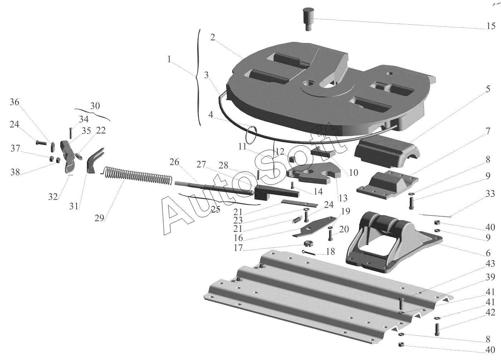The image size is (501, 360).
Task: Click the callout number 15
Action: point(491,26)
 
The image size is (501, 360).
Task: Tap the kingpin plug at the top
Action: point(308,18)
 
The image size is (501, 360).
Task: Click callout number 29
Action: point(99,218)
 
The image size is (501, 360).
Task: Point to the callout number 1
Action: point(169,59)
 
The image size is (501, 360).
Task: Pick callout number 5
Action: point(488,89)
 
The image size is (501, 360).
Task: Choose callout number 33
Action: point(490,194)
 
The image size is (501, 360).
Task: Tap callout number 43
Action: point(490,263)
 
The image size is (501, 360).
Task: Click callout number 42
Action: point(490,312)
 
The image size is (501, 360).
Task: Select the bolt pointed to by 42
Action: point(437,329)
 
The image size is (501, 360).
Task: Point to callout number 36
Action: point(14,102)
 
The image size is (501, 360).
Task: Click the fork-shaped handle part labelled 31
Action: point(94,160)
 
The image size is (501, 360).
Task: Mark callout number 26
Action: point(174,162)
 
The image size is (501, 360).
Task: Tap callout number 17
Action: point(238,248)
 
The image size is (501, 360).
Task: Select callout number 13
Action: point(343,198)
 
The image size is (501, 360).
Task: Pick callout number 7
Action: point(488,131)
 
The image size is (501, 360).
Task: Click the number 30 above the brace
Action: point(95,106)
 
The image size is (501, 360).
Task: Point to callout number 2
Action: point(213,37)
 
